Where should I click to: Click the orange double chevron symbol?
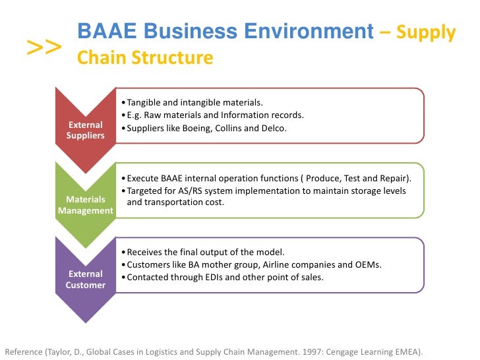(44, 47)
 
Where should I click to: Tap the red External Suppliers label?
(85, 130)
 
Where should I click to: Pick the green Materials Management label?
(85, 205)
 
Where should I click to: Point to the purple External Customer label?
(85, 280)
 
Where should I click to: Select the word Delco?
(274, 129)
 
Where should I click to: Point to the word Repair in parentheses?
(393, 179)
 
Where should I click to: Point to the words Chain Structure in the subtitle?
(145, 58)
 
